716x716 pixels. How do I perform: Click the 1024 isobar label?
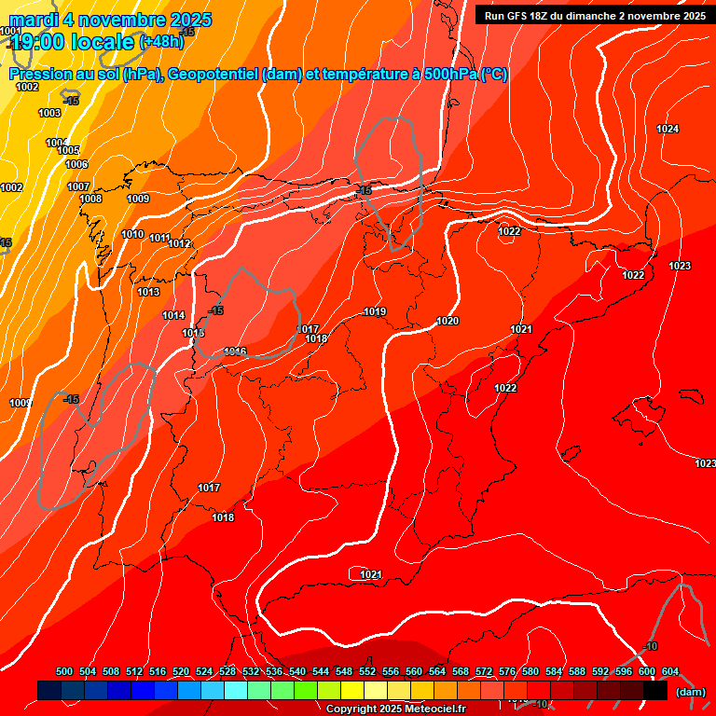pyautogui.click(x=668, y=129)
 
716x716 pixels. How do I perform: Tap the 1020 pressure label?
pyautogui.click(x=447, y=321)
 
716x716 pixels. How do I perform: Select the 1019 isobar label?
pyautogui.click(x=375, y=311)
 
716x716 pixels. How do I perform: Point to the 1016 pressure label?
pyautogui.click(x=235, y=351)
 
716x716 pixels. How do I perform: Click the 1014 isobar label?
pyautogui.click(x=173, y=315)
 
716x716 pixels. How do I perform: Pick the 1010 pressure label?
pyautogui.click(x=132, y=234)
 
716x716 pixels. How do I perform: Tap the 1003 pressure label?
pyautogui.click(x=49, y=113)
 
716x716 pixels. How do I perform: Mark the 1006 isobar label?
pyautogui.click(x=76, y=164)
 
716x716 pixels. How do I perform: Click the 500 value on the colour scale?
pyautogui.click(x=64, y=671)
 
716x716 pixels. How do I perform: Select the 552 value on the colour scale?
pyautogui.click(x=367, y=671)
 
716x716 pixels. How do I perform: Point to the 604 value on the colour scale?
pyautogui.click(x=670, y=671)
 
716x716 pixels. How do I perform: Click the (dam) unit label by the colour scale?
pyautogui.click(x=690, y=692)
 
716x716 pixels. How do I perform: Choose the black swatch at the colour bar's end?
pyautogui.click(x=655, y=690)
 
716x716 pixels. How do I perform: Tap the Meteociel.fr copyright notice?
pyautogui.click(x=395, y=709)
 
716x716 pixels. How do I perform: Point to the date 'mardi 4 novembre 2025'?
pyautogui.click(x=110, y=20)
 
